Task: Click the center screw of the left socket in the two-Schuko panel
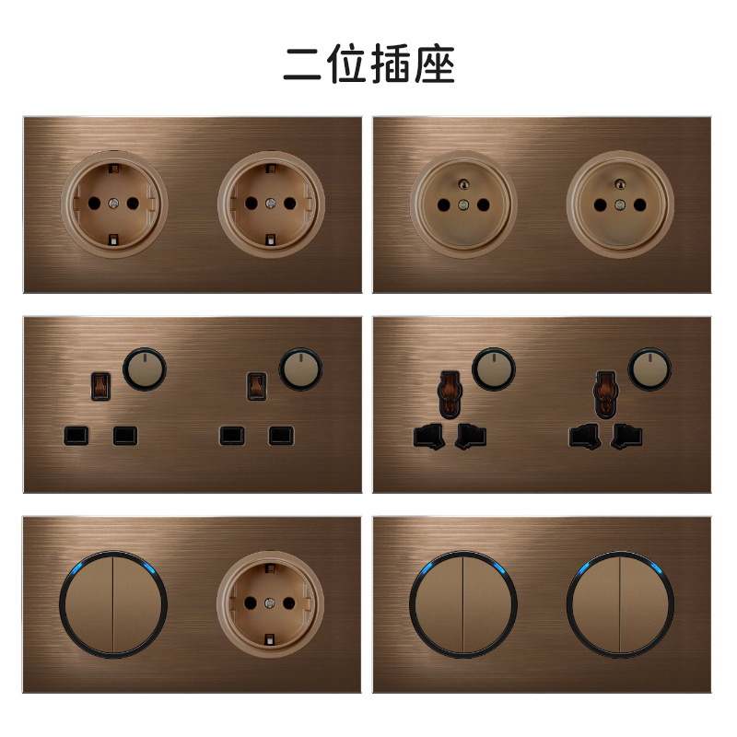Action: tap(114, 202)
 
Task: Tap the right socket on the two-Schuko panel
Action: tap(271, 202)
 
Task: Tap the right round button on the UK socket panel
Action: tap(298, 367)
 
